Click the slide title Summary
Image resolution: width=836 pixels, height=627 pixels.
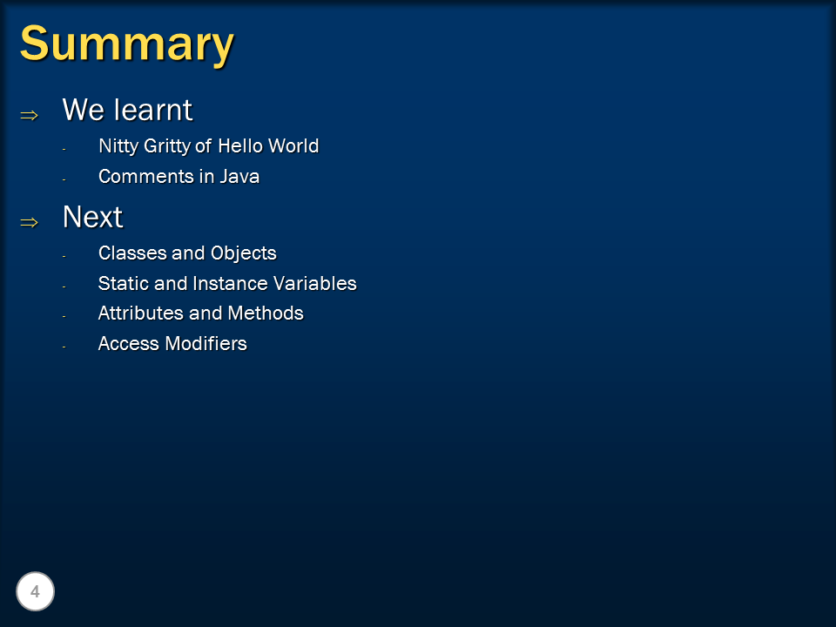pyautogui.click(x=127, y=44)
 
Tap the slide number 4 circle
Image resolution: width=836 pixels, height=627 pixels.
pyautogui.click(x=35, y=592)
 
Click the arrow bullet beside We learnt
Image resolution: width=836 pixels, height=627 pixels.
pyautogui.click(x=30, y=115)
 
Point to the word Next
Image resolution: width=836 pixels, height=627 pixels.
pyautogui.click(x=92, y=217)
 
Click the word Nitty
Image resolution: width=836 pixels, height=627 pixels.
pyautogui.click(x=118, y=146)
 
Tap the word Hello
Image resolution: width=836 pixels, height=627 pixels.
pyautogui.click(x=240, y=145)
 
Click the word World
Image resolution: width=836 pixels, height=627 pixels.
pyautogui.click(x=293, y=145)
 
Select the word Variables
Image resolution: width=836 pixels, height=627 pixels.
pyautogui.click(x=315, y=283)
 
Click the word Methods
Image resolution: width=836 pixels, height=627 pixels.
pyautogui.click(x=266, y=313)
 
